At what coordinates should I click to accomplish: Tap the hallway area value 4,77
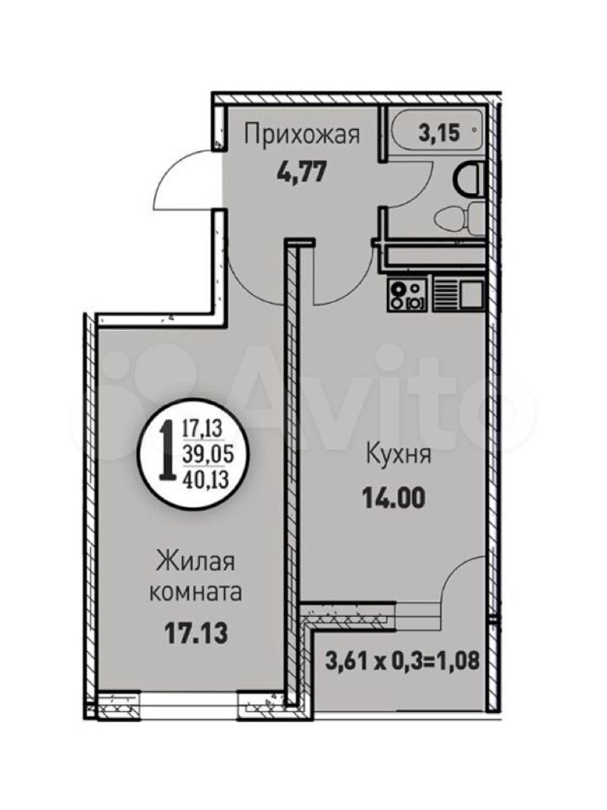click(302, 172)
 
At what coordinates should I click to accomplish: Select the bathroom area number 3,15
click(438, 133)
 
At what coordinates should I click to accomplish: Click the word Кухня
click(399, 455)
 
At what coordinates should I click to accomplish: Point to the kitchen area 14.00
click(394, 499)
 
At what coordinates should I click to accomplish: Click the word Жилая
click(196, 561)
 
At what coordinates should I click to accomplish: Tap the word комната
click(196, 592)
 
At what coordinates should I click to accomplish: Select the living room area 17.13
click(196, 634)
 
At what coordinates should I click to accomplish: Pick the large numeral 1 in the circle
click(167, 450)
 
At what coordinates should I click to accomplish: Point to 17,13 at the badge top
click(201, 429)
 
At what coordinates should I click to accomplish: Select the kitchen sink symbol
click(458, 294)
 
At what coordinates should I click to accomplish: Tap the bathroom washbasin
click(470, 179)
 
